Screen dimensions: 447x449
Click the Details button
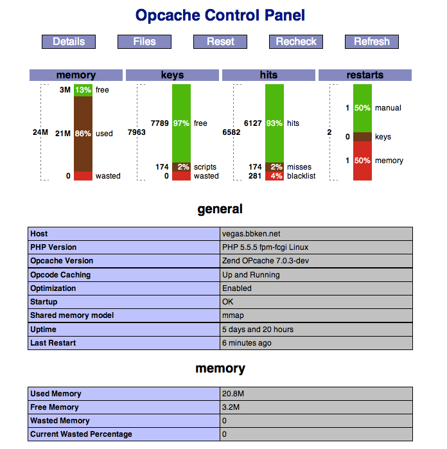point(69,42)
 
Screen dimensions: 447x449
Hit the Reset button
point(220,42)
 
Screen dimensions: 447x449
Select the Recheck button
point(296,42)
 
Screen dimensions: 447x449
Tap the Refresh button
point(372,42)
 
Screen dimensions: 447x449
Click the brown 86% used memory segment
point(83,134)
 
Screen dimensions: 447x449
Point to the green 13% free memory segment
point(83,90)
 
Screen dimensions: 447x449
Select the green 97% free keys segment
point(181,123)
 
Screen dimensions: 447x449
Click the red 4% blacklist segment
point(274,176)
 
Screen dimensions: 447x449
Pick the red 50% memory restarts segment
point(362,161)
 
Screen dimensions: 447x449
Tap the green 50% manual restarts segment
point(362,108)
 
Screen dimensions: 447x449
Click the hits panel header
point(268,75)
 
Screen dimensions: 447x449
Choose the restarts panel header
point(365,75)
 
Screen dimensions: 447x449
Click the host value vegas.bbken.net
point(251,234)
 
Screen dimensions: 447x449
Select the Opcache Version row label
point(62,261)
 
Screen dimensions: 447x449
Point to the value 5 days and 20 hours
point(258,330)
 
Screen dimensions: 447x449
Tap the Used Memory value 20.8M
point(233,394)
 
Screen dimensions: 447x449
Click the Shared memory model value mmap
point(232,315)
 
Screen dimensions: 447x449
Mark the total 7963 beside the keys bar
point(137,132)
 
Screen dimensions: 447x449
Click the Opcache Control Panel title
point(220,15)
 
